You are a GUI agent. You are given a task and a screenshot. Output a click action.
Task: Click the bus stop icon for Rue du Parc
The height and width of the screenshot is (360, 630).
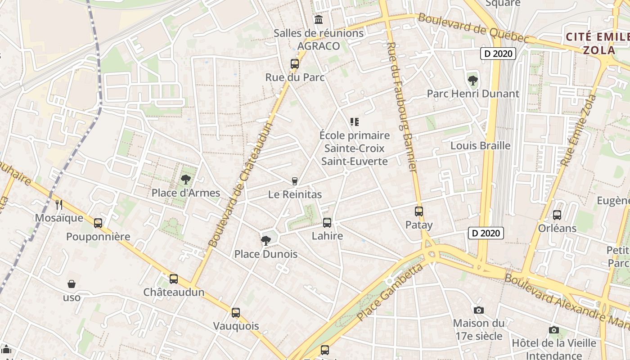coord(295,64)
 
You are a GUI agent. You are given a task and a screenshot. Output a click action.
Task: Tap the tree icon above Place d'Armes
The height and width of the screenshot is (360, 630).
coord(185,180)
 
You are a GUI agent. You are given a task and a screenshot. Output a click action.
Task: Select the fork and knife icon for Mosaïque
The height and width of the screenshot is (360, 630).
coord(59,205)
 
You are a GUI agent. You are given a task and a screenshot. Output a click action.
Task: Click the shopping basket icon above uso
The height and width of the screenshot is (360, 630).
coord(72,284)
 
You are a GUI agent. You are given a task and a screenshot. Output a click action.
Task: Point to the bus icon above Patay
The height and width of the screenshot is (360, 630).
coord(419,211)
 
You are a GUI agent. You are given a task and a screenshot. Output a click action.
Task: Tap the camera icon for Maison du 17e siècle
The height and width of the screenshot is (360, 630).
coord(479,310)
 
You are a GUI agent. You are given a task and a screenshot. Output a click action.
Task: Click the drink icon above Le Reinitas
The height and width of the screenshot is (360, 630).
coord(295,181)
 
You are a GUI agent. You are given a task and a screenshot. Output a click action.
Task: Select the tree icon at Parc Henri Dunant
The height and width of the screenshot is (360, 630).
coord(472,81)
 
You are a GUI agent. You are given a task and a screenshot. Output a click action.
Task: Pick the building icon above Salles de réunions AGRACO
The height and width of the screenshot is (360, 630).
coord(319,19)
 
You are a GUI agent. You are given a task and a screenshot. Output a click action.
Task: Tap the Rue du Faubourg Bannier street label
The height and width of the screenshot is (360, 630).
coord(402,106)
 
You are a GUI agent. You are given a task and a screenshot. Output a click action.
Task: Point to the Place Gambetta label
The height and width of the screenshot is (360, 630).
coord(391,293)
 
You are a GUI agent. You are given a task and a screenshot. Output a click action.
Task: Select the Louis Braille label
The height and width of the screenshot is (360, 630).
coord(481,145)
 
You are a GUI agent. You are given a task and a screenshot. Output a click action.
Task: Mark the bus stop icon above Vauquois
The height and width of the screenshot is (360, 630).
coord(236,312)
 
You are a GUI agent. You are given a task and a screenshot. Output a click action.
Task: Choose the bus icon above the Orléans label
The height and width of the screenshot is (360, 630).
coord(557,215)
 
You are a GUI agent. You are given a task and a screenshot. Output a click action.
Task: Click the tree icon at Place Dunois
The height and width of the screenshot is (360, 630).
coord(265,240)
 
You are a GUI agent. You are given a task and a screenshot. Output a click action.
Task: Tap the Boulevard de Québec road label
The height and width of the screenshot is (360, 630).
coord(473,28)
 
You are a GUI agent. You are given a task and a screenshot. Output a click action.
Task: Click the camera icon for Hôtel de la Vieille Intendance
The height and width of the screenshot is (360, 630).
coord(554,330)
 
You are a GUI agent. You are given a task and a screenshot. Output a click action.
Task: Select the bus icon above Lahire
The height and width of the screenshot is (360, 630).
coord(327,222)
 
